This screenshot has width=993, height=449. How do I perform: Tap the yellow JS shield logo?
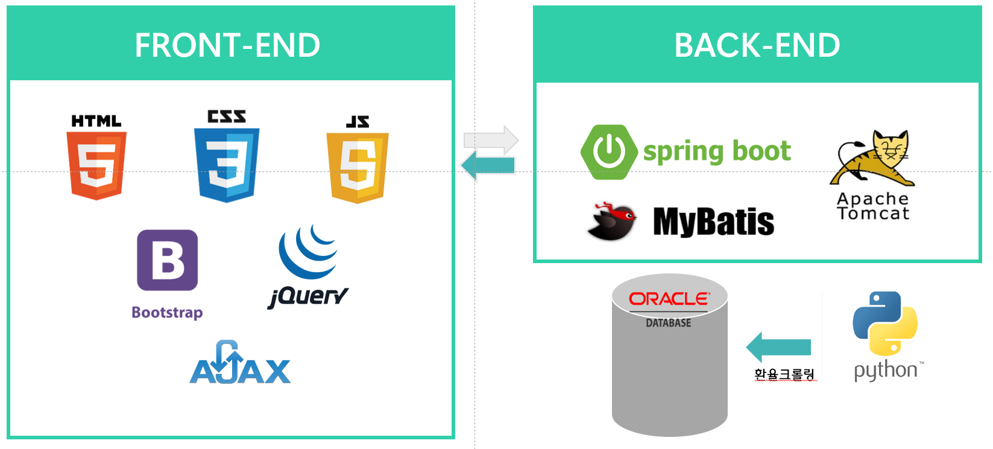click(358, 167)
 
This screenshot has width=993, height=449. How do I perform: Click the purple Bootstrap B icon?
click(167, 260)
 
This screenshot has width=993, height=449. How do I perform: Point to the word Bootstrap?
click(167, 313)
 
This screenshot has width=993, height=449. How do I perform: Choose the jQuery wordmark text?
click(308, 296)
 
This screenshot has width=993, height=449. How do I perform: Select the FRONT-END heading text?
click(227, 45)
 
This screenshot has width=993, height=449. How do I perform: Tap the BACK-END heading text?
click(757, 45)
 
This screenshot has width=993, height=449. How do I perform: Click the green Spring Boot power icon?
click(609, 152)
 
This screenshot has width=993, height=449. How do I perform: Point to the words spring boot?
click(717, 151)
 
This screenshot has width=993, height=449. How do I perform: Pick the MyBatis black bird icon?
click(613, 221)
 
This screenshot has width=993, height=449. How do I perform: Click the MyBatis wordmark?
click(714, 221)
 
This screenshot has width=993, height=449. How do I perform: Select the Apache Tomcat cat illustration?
click(874, 158)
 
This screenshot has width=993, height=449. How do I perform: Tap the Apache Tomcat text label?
click(873, 206)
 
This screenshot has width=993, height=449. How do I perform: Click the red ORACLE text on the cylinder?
click(669, 299)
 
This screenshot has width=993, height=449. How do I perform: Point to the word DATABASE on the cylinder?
click(669, 323)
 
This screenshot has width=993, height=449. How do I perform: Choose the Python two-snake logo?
click(885, 323)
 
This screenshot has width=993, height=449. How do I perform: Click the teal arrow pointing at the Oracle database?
click(778, 347)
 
